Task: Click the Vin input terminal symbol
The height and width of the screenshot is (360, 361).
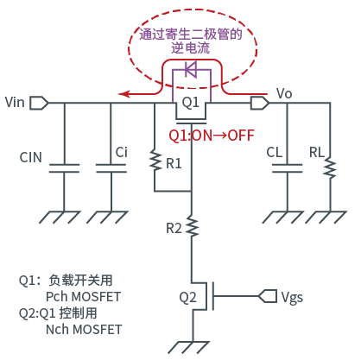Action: [39, 103]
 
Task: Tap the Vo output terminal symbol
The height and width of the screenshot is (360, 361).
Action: [260, 103]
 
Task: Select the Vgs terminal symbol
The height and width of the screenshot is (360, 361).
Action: [268, 296]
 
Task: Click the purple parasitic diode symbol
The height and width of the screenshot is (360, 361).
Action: [191, 69]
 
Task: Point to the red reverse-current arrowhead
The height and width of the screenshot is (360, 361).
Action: [123, 94]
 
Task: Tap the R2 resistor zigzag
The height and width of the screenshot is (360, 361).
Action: [192, 226]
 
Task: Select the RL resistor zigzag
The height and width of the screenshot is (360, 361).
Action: [330, 167]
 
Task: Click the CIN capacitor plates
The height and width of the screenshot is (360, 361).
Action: [64, 168]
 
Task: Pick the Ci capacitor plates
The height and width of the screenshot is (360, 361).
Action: [111, 168]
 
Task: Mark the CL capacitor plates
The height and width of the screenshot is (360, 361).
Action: [287, 168]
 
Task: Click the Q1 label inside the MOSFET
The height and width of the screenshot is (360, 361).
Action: [191, 103]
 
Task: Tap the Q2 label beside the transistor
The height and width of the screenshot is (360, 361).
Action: [187, 297]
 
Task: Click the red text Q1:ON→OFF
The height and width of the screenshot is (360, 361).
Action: [212, 135]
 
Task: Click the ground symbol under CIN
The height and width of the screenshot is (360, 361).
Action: [60, 218]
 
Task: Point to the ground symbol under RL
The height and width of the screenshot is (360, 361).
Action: [326, 218]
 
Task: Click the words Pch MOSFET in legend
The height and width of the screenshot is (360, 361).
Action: [84, 297]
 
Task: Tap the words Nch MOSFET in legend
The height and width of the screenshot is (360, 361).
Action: [84, 330]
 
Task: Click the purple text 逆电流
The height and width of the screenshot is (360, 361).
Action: [191, 47]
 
